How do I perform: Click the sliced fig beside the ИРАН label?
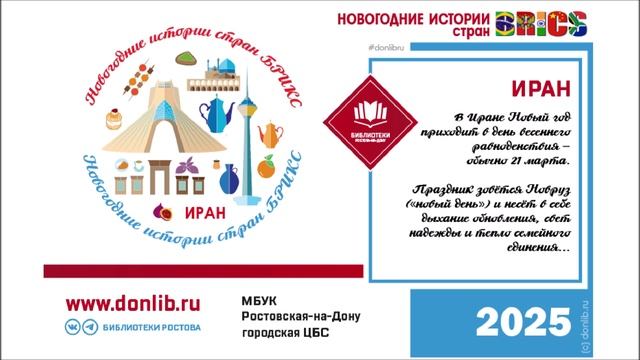pyautogui.click(x=164, y=212)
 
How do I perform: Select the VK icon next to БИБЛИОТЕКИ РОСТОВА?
pyautogui.click(x=73, y=328)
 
